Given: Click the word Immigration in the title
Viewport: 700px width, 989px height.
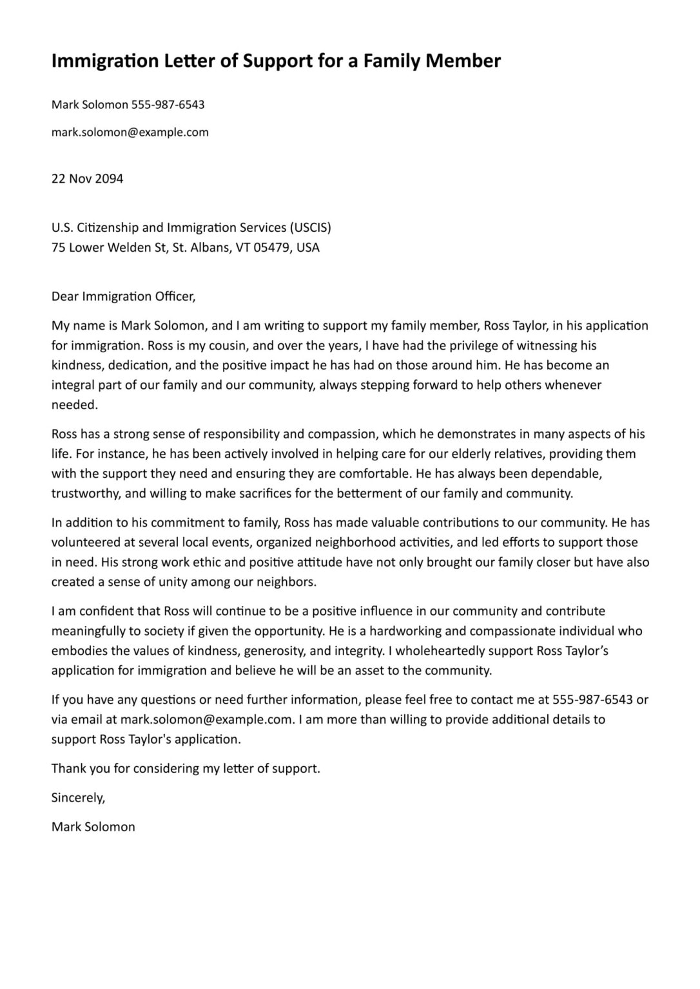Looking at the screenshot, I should point(104,61).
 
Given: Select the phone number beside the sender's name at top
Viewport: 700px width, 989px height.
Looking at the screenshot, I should point(168,104).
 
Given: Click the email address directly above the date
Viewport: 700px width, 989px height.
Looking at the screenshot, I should point(130,132).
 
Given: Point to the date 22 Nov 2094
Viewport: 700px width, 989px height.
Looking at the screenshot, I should point(87,179).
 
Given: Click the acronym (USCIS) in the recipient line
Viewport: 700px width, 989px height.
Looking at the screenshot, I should point(310,227).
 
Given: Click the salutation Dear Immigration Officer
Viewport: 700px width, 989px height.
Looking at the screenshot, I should point(123,296).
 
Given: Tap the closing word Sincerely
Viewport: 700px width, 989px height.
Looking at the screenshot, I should point(78,798).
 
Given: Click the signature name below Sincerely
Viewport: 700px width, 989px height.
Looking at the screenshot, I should point(93,827).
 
